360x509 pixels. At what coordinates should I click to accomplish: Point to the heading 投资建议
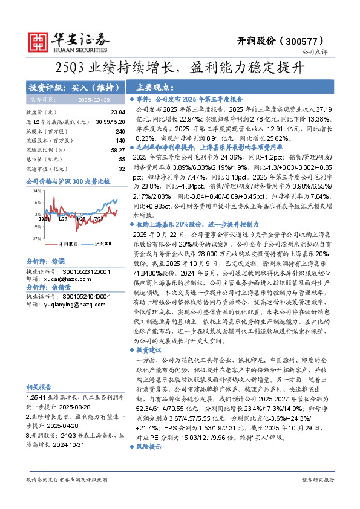coord(149,350)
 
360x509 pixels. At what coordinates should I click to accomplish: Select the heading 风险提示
coord(149,463)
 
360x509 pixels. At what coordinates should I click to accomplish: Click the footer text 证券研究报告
coord(317,496)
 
